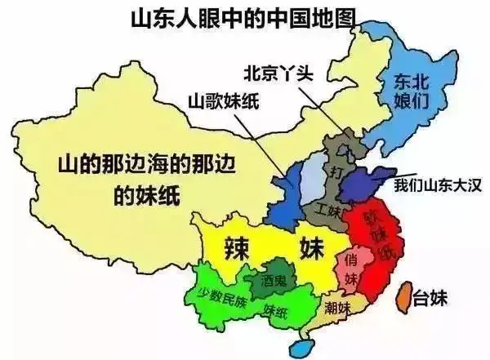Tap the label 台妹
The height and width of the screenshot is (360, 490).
(431, 296)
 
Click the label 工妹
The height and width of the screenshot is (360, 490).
(328, 210)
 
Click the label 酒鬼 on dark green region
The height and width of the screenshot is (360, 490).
(274, 279)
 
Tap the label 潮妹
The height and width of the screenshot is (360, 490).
(336, 308)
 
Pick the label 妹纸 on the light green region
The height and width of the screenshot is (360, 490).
(275, 311)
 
